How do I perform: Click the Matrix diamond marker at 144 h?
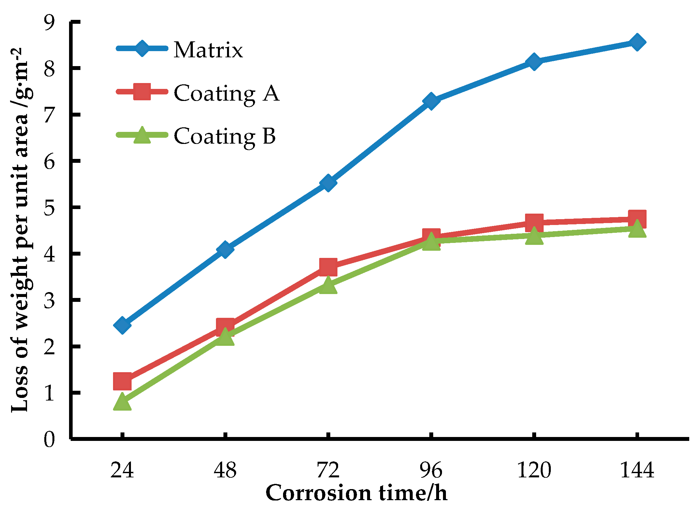point(637,42)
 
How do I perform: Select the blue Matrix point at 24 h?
point(122,325)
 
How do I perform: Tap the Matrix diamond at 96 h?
point(431,101)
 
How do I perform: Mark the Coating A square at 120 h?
point(534,223)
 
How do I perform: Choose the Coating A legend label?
point(226,93)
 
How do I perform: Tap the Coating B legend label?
point(225,136)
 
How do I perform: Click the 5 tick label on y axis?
point(50,207)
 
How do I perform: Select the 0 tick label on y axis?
point(50,439)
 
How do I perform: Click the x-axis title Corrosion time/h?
point(356,493)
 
